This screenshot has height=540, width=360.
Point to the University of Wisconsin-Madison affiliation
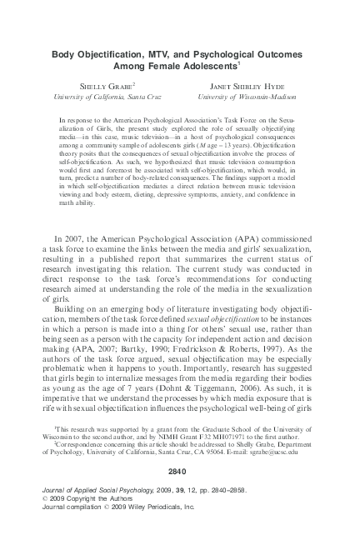254,97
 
